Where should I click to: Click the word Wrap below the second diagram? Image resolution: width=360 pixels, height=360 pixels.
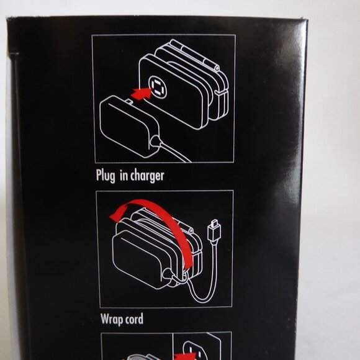[x=112, y=320]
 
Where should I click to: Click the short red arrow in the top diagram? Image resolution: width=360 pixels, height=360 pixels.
[x=141, y=94]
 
